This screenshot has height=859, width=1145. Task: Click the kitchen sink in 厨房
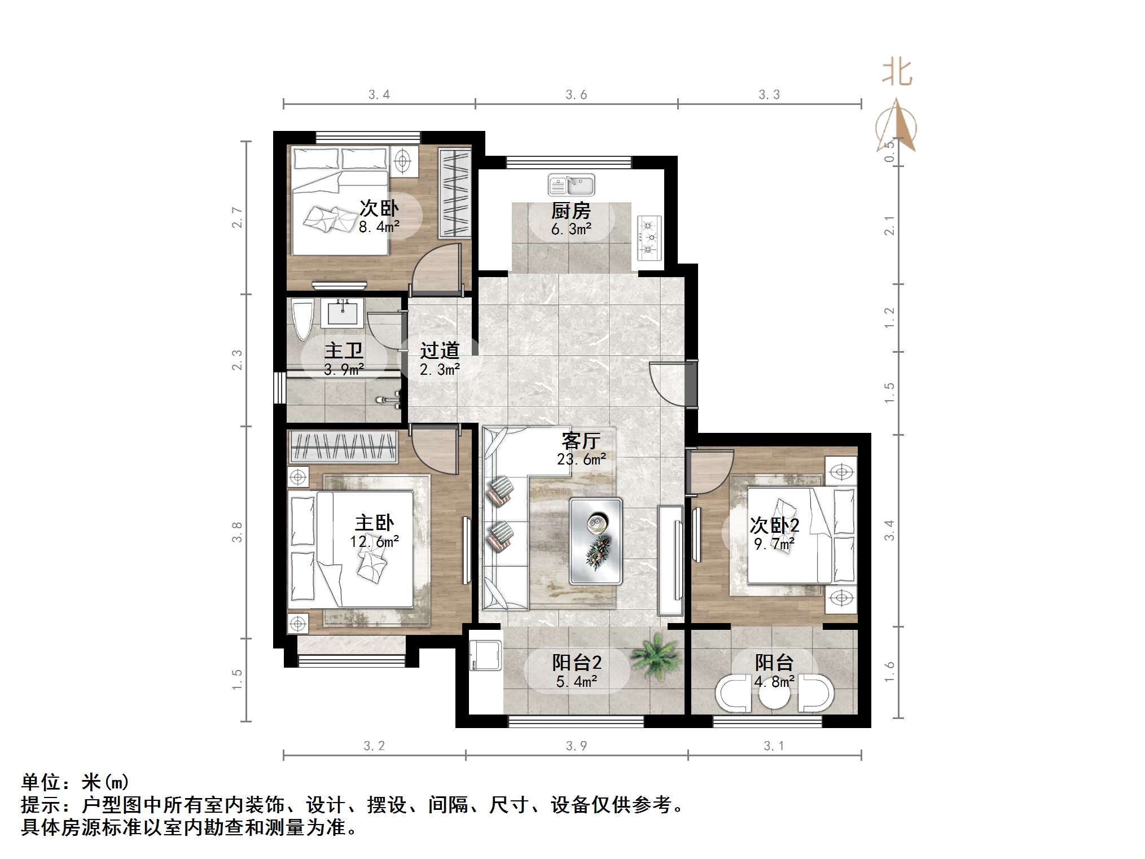click(x=571, y=185)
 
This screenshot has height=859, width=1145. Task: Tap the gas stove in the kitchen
click(x=649, y=238)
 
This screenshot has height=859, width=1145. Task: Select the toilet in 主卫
click(x=302, y=319)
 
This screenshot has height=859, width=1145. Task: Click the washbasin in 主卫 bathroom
click(x=342, y=313)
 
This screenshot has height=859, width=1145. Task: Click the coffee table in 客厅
click(x=595, y=541)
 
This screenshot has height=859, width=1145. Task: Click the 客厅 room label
click(x=581, y=441)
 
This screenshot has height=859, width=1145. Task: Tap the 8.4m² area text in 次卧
click(x=379, y=227)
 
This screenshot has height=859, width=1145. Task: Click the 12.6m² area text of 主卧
click(x=374, y=542)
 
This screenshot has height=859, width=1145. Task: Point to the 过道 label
click(x=440, y=351)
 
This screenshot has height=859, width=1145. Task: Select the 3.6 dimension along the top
click(x=576, y=95)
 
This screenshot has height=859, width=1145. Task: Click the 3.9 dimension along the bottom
click(x=576, y=746)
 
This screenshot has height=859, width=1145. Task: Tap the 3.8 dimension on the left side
click(x=237, y=532)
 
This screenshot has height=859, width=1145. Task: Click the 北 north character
click(x=897, y=73)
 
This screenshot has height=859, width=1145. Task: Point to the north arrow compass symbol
click(x=897, y=127)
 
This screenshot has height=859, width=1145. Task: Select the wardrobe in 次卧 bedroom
click(x=455, y=192)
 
